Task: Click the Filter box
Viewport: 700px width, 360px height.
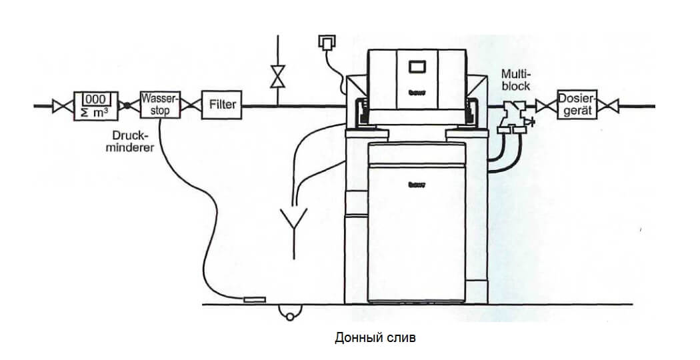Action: tap(222, 105)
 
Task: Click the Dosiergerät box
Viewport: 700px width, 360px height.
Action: tap(575, 105)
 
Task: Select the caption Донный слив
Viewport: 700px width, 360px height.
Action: tap(375, 338)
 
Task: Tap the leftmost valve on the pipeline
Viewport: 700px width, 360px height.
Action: tap(62, 105)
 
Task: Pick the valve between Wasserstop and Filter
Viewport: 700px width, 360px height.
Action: tap(191, 105)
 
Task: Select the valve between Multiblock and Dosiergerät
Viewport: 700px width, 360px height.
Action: tap(547, 105)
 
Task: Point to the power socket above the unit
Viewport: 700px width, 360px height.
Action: tap(326, 42)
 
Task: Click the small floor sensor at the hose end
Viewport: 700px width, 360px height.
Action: tap(255, 300)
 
